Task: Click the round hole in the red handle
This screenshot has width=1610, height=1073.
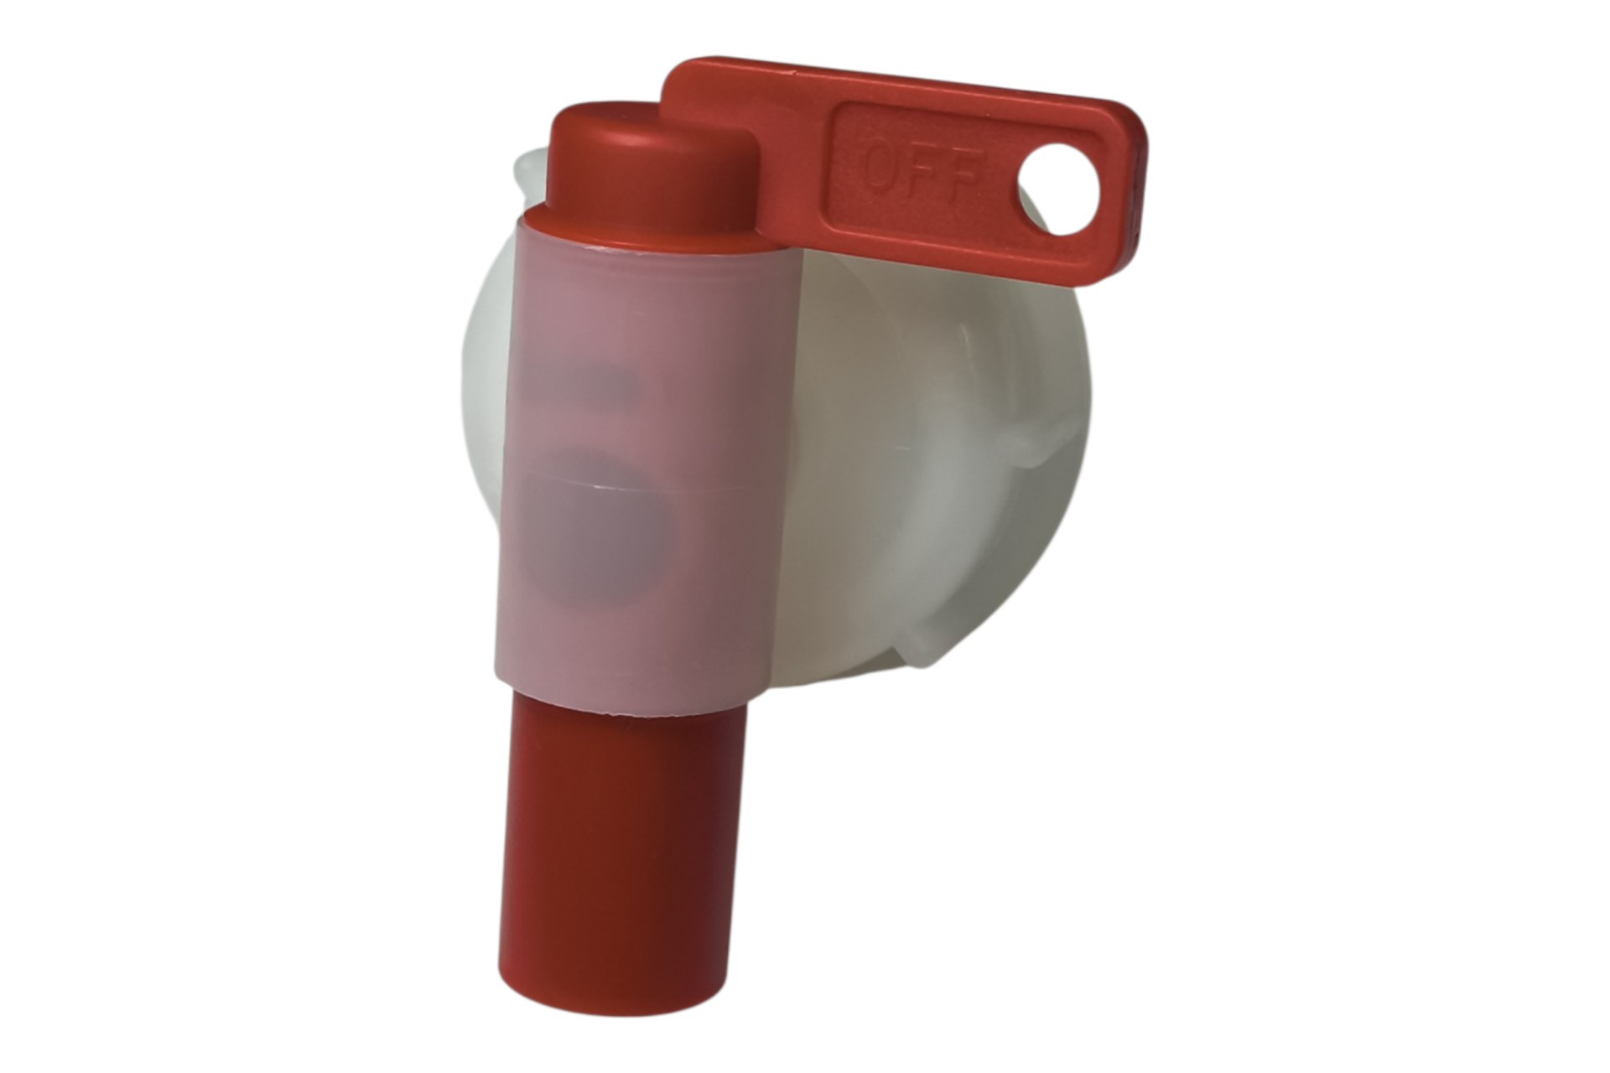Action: point(1060,189)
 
